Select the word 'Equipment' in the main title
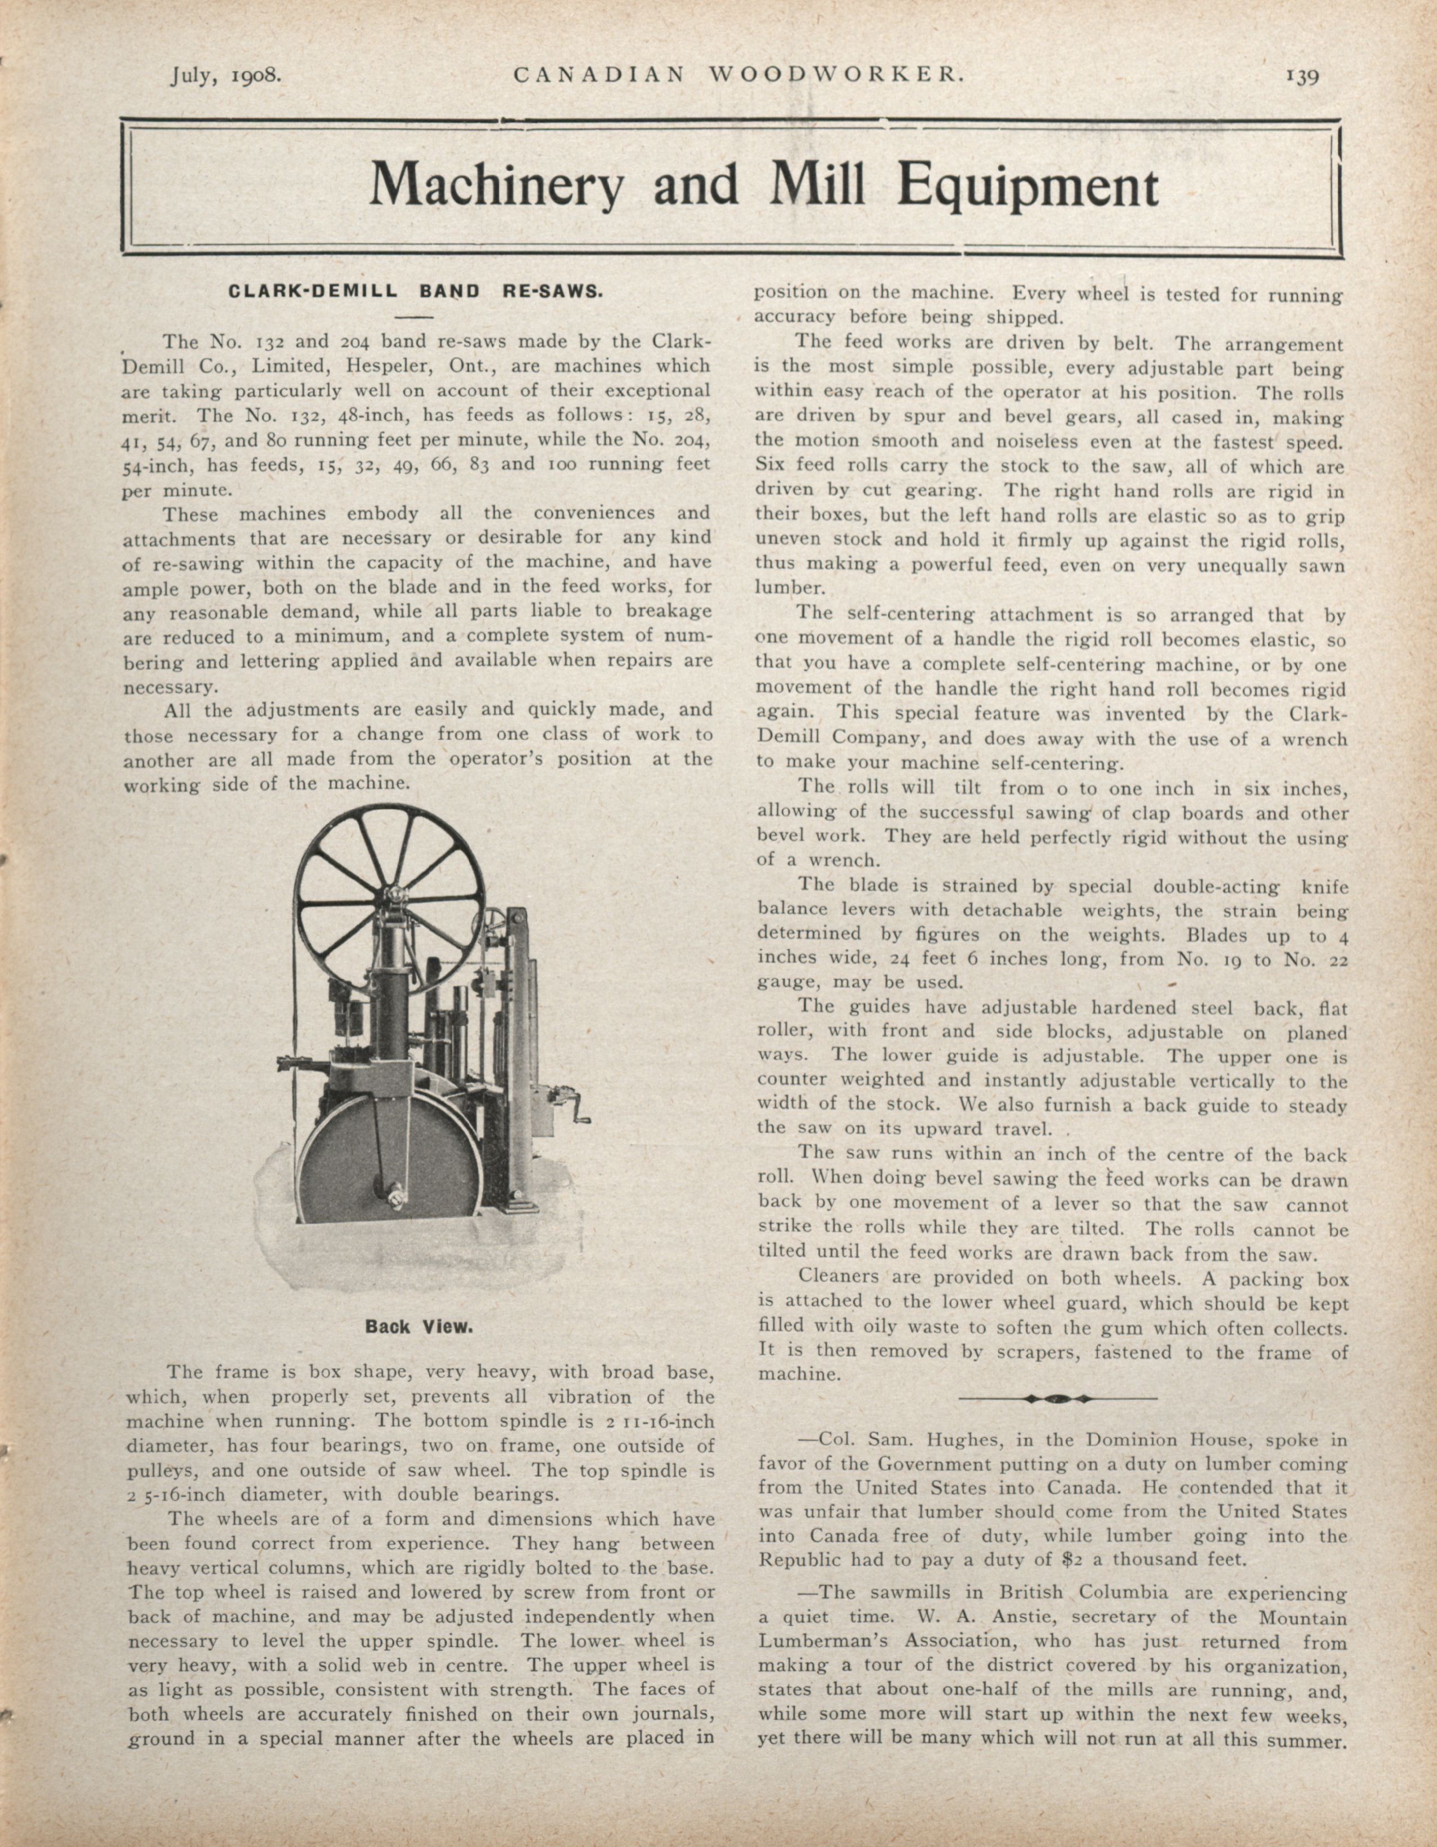tap(1027, 186)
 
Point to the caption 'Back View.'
tap(419, 1327)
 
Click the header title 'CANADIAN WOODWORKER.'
tap(738, 75)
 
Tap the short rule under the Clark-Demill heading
tap(413, 317)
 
